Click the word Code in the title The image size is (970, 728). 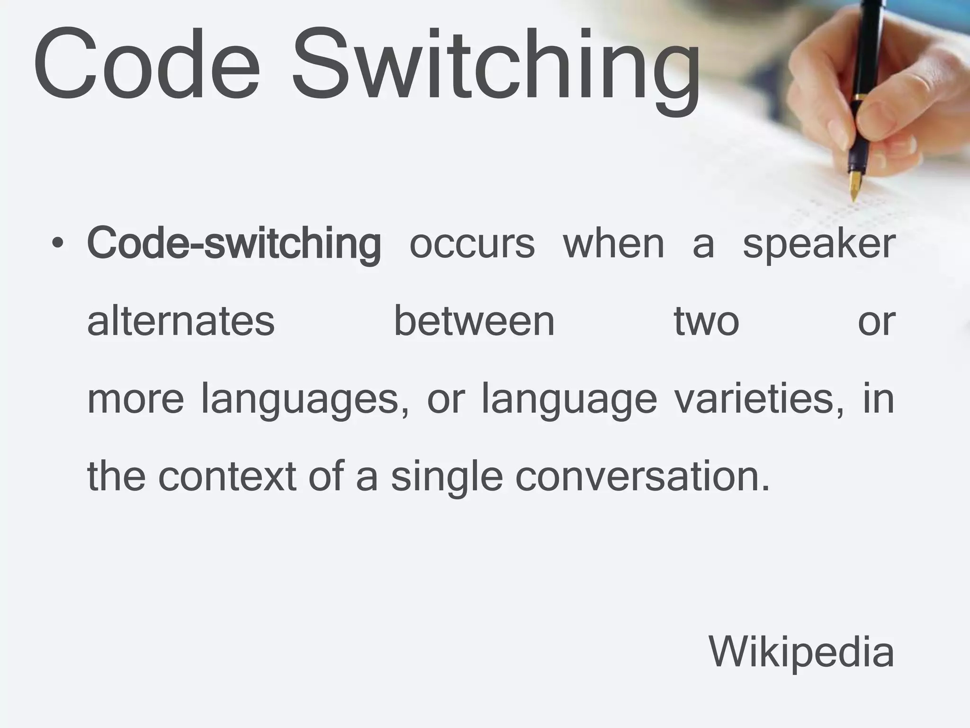[147, 64]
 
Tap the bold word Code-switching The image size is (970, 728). [234, 244]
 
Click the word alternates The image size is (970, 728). [181, 322]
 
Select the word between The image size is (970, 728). [474, 322]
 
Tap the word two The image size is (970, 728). [706, 322]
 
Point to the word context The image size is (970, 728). [227, 476]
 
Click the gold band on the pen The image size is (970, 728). [859, 98]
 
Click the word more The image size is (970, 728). [135, 400]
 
